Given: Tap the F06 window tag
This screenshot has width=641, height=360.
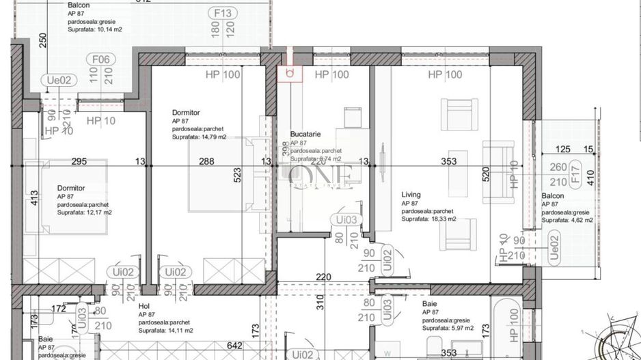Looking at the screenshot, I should pyautogui.click(x=101, y=59).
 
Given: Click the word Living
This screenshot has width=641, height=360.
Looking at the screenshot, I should pyautogui.click(x=411, y=195).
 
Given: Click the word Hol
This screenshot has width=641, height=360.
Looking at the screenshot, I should pyautogui.click(x=144, y=307).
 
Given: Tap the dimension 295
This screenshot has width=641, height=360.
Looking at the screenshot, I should pyautogui.click(x=80, y=162).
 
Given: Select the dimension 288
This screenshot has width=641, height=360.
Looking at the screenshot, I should pyautogui.click(x=206, y=162).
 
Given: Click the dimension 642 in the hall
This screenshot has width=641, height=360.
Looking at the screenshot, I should pyautogui.click(x=235, y=346).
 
